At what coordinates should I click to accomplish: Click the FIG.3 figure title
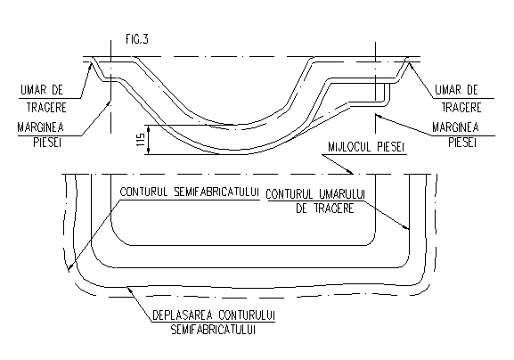(137, 39)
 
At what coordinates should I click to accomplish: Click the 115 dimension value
(140, 140)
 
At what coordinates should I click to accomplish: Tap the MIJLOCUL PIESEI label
(365, 147)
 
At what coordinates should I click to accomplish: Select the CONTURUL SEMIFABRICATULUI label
(189, 192)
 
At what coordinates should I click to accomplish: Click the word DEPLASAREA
(183, 315)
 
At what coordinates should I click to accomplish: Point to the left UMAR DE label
(42, 90)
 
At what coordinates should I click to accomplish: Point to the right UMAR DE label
(456, 90)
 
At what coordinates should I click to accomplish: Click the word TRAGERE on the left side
(46, 108)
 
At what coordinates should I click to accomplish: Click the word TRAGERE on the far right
(461, 108)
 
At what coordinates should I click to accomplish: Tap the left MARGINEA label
(41, 127)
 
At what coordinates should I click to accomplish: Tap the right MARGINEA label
(455, 127)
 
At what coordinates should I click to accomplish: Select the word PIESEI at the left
(47, 143)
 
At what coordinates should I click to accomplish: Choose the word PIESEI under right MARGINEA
(462, 143)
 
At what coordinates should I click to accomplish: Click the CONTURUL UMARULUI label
(315, 194)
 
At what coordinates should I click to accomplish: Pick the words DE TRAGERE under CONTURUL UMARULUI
(325, 209)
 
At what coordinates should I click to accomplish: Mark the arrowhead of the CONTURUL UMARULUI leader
(407, 228)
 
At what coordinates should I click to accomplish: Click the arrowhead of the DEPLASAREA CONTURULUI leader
(129, 288)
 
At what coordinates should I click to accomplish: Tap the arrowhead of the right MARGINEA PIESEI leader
(377, 115)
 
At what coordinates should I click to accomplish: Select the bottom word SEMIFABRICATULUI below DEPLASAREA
(213, 330)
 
